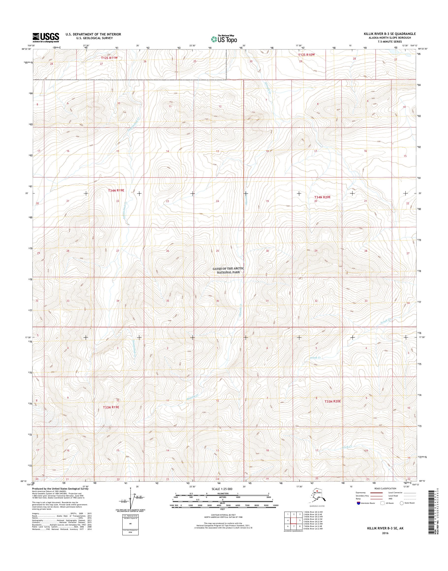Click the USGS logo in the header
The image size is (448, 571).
(46, 37)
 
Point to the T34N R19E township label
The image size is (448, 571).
(116, 191)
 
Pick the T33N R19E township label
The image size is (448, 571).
(111, 407)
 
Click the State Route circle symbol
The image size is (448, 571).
(401, 503)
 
